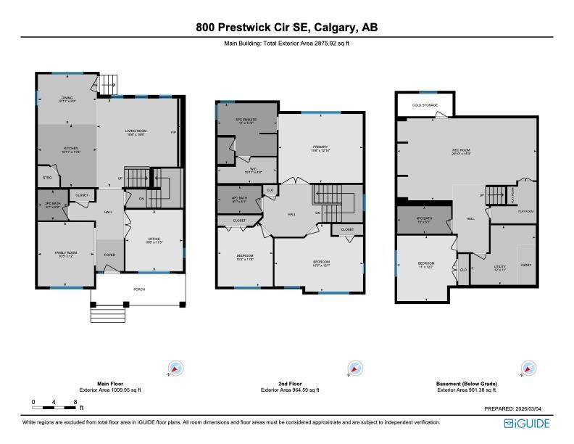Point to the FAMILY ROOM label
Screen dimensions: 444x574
66,252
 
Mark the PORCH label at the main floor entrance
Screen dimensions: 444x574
138,289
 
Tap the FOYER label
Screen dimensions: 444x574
110,255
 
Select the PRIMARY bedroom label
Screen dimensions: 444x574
320,148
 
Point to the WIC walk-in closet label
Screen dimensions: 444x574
248,170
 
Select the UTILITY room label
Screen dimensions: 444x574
500,267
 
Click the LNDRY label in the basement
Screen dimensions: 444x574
526,265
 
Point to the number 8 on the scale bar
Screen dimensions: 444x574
75,401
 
